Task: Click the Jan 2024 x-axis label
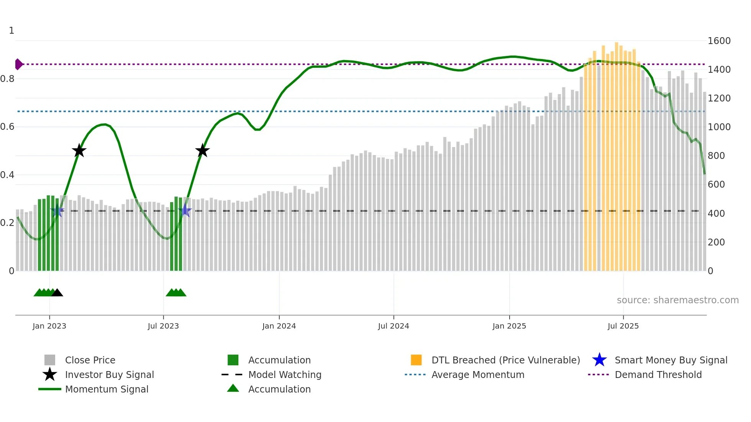(279, 326)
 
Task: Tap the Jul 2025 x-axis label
(623, 326)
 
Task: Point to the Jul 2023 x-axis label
(163, 326)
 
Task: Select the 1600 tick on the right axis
(719, 41)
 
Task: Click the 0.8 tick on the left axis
(7, 79)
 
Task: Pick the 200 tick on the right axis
(716, 242)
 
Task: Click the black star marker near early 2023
(79, 150)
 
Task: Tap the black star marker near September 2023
(202, 150)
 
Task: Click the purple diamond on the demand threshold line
(18, 64)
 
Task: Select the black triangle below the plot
(57, 293)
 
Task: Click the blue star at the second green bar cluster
(185, 210)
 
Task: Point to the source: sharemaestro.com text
(677, 300)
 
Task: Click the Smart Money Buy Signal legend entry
(671, 360)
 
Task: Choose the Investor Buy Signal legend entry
(109, 375)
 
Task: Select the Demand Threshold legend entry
(658, 375)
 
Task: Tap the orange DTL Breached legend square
(416, 360)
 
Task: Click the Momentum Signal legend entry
(107, 389)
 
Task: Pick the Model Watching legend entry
(284, 375)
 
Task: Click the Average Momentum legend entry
(477, 375)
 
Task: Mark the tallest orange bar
(617, 153)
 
